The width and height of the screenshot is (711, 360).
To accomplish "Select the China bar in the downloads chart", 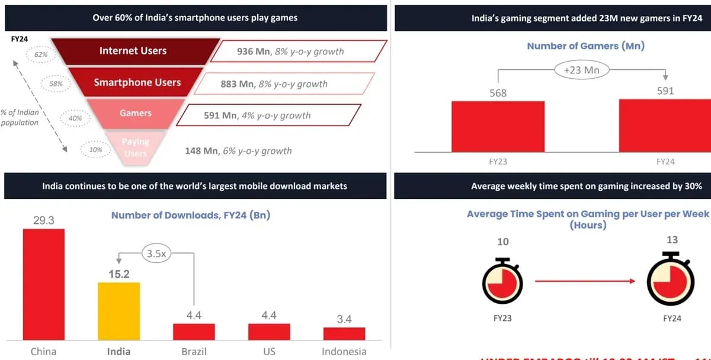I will point(44,284).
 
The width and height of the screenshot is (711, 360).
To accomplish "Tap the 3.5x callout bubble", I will point(156,254).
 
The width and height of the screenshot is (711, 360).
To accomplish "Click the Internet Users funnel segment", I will point(133,51).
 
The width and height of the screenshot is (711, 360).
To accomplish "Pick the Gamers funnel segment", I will point(136,113).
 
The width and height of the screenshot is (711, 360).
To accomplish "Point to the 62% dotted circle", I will point(41,54).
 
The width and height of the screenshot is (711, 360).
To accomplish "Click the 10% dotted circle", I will point(95,150).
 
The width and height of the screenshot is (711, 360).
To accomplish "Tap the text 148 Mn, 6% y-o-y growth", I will point(238,151).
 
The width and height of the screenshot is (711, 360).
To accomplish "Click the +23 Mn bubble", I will point(582,70).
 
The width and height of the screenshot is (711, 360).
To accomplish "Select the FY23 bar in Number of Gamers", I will point(498,127).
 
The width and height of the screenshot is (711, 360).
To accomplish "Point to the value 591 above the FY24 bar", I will point(665,91).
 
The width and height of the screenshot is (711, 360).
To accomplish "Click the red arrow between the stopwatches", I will point(585,281).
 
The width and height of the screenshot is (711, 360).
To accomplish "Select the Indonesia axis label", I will point(344,351).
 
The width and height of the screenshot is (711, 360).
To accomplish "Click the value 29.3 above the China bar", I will point(43,220).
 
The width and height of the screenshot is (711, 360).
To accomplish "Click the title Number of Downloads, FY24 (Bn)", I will point(190,215).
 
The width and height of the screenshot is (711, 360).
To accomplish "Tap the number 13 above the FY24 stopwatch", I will point(672,240).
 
